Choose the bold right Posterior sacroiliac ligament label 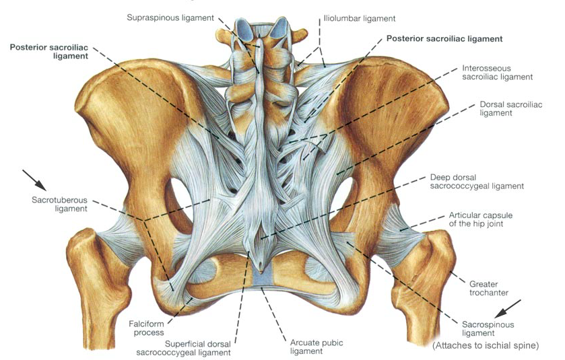(x=444, y=39)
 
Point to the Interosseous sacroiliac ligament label (x=497, y=73)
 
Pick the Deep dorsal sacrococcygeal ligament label (x=476, y=182)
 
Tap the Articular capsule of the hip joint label (x=481, y=219)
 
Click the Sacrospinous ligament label (x=488, y=328)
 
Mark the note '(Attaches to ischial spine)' (x=485, y=346)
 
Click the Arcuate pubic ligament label (x=317, y=347)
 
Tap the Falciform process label (x=146, y=328)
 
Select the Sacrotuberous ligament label (x=59, y=204)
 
